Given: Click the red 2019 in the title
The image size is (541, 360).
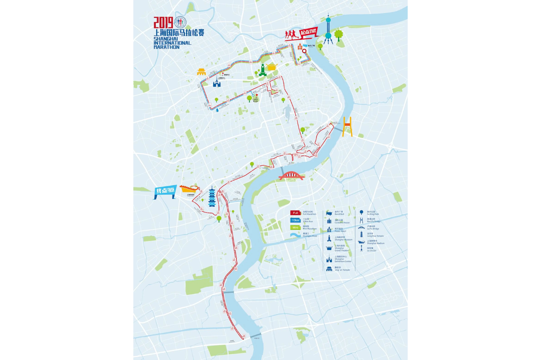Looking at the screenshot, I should click(163, 23).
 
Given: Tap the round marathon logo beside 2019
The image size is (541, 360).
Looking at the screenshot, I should click(180, 22).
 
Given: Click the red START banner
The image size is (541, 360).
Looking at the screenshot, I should click(308, 32).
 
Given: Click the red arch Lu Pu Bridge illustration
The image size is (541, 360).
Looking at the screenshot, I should click(291, 176).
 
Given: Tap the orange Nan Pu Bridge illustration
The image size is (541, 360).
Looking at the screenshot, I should click(347, 127).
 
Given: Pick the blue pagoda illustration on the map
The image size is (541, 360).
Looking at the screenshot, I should click(212, 197).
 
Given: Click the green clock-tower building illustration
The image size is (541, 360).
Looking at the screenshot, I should click(263, 70).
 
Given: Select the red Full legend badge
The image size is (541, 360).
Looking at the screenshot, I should click(295, 213).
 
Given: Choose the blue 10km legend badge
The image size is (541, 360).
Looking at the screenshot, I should click(295, 220).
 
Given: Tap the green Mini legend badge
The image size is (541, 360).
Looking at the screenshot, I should click(295, 228).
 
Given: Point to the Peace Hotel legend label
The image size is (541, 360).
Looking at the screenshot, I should click(340, 230).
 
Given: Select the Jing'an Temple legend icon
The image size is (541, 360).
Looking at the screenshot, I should click(329, 269).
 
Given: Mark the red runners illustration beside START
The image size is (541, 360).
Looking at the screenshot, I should click(292, 34).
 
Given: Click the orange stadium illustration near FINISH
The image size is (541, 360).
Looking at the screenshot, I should click(189, 188).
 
